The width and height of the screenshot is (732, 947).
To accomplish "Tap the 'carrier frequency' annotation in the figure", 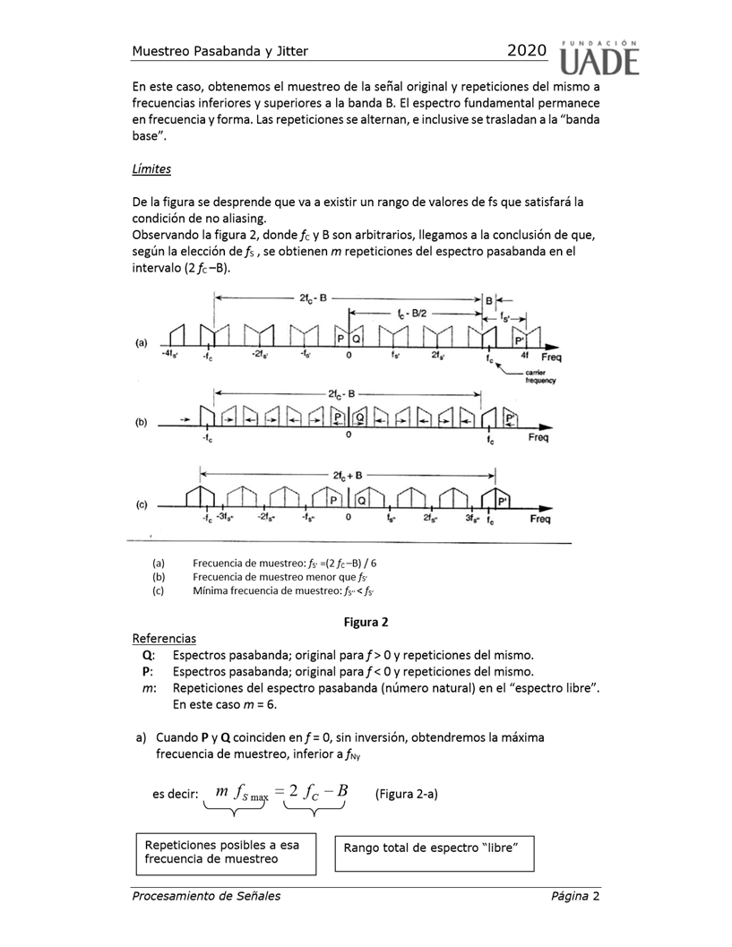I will point(543,376).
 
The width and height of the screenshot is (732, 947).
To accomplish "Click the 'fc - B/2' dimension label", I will point(413,313).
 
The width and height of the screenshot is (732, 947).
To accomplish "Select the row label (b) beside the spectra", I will point(142,422).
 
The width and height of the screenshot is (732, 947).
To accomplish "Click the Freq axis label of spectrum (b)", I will point(539,438).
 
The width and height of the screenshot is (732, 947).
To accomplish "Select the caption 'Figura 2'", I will point(366,621).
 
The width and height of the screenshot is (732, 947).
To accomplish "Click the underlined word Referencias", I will point(164,639).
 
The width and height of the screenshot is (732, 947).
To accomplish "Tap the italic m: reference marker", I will point(148,688).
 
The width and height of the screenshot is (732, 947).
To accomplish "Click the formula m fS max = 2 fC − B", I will point(281,792).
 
